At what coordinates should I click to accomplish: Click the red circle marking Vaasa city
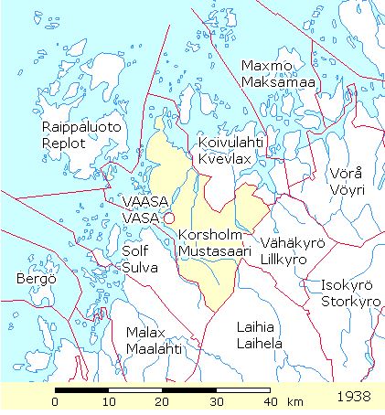coord(168,218)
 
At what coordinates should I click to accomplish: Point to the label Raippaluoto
coord(81,128)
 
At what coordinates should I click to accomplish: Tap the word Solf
coord(134,250)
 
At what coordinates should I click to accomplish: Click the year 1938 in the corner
coord(354,399)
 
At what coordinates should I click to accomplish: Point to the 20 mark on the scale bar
coord(163,401)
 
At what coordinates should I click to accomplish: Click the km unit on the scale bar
coord(295,401)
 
